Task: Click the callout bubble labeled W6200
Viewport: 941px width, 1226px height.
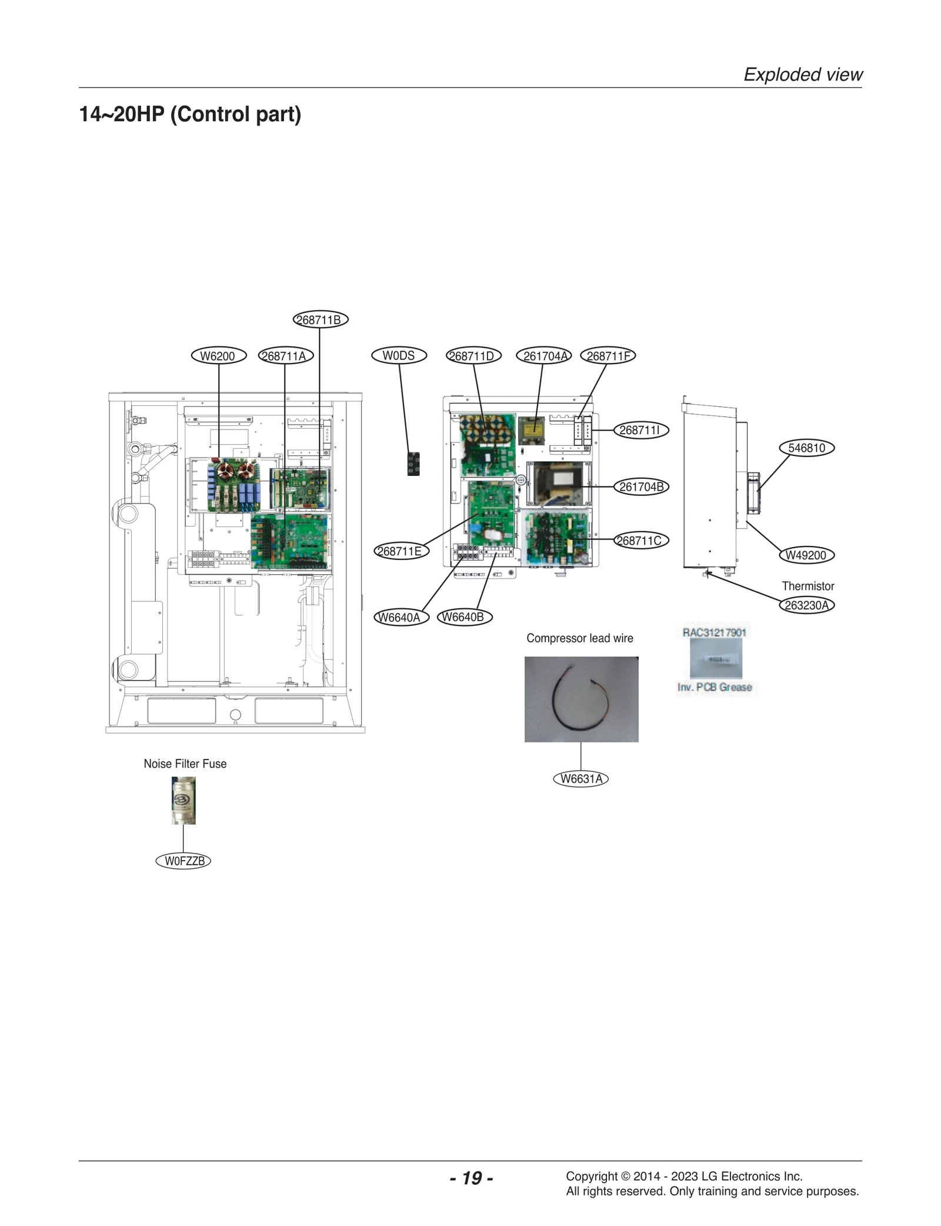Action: coord(218,356)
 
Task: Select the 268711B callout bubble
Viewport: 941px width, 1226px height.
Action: coord(321,320)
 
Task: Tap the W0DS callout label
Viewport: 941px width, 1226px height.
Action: coord(399,356)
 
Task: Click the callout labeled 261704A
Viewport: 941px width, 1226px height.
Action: coord(543,356)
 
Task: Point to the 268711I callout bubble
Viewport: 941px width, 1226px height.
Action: coord(640,430)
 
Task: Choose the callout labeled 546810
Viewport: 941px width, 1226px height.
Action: coord(806,448)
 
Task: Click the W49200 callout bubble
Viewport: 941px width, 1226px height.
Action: coord(806,555)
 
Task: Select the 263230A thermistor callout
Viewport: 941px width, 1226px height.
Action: coord(806,605)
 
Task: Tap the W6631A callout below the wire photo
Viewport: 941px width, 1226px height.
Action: coord(581,779)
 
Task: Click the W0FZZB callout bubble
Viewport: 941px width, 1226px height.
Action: coord(183,861)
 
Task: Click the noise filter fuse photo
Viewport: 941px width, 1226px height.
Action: coord(183,800)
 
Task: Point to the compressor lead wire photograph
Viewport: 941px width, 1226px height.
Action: coord(581,699)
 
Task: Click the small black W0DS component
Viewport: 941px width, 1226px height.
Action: coord(413,464)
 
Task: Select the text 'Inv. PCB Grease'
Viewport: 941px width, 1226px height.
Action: coord(715,687)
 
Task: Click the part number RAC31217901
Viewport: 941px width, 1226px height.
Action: coord(714,632)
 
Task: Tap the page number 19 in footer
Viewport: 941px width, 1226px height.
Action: coord(471,1178)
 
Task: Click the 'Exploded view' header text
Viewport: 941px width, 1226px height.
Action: coord(803,75)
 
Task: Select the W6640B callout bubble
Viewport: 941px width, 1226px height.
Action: coord(464,617)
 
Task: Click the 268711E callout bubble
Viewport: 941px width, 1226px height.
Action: coord(401,551)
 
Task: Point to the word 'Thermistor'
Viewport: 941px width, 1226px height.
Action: coord(807,586)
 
